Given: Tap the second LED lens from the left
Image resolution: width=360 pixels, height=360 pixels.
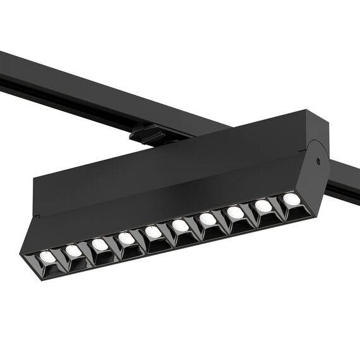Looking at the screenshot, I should [73, 251].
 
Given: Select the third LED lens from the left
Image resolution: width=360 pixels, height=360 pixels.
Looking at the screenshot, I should [99, 244].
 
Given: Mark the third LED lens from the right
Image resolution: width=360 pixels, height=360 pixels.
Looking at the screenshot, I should [235, 212].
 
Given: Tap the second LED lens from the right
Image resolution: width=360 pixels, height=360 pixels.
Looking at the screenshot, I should [262, 205].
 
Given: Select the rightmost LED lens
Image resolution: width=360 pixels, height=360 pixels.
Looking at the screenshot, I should [290, 198].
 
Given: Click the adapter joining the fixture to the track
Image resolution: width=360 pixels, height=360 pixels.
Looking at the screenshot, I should [144, 134].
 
